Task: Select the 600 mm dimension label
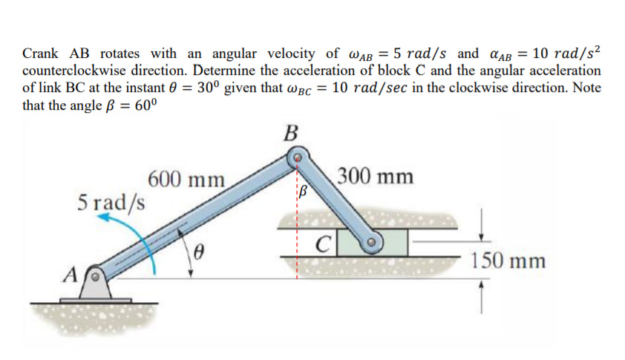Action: click(187, 180)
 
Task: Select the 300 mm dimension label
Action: click(376, 177)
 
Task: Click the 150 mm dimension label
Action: click(508, 261)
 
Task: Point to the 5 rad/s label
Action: click(112, 202)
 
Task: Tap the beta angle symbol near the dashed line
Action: click(302, 194)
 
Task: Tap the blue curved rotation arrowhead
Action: click(105, 219)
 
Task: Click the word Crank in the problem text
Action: click(42, 53)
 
